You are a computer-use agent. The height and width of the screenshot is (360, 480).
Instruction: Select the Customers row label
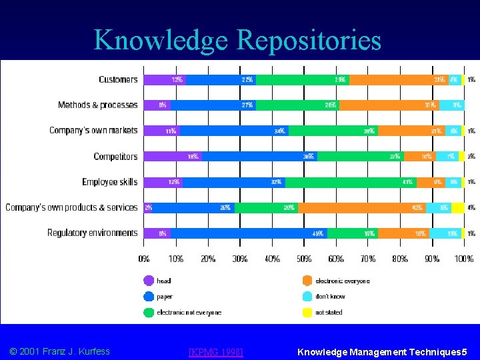point(118,79)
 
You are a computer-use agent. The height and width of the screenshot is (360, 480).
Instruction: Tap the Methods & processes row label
point(98,105)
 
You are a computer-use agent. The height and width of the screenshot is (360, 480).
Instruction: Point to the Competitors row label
point(115,157)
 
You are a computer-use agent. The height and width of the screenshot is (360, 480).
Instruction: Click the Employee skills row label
point(110,182)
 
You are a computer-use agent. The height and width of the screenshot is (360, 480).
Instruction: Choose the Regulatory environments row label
point(93,233)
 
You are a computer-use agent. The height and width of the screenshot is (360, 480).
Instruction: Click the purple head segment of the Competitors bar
point(172,157)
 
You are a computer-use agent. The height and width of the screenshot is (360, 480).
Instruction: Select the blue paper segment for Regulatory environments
point(248,233)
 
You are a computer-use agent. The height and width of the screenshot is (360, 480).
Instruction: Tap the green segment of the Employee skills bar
point(351,182)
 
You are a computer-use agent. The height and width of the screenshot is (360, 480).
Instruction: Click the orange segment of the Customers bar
point(398,79)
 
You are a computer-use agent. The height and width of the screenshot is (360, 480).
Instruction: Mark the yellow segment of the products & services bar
point(457,207)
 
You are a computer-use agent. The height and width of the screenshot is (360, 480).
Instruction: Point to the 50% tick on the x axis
point(304,258)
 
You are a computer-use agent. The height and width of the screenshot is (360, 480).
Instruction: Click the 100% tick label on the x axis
point(464,258)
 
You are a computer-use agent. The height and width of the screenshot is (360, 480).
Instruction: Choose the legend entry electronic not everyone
point(189,312)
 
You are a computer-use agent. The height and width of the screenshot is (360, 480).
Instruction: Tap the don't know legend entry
point(329,296)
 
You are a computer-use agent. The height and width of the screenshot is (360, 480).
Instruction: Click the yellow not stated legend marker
point(307,312)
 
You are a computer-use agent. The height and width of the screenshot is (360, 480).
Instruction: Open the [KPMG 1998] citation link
point(216,351)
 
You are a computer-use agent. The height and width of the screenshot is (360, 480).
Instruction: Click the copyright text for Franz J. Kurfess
point(59,351)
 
